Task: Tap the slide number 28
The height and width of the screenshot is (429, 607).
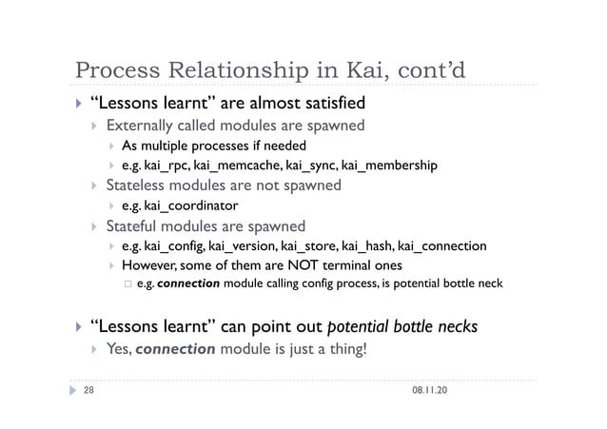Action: point(88,390)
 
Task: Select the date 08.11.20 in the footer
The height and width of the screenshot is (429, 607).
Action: point(432,390)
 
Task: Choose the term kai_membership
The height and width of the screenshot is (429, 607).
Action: point(389,166)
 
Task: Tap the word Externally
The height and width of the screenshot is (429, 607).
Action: point(144,126)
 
